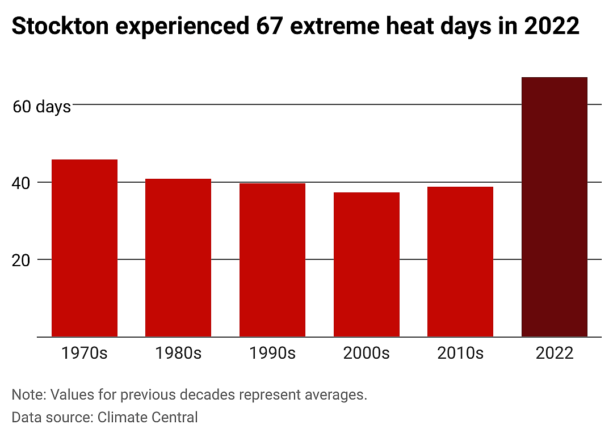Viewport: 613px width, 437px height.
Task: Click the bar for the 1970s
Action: [x=85, y=248]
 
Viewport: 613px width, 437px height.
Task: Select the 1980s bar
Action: [x=178, y=258]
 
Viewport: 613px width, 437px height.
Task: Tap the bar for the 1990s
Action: [x=272, y=260]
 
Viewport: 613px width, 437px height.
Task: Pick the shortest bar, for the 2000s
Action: [x=366, y=264]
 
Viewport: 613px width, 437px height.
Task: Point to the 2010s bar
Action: [x=460, y=262]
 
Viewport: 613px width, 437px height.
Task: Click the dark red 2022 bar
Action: [x=555, y=207]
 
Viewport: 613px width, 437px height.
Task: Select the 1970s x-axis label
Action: [x=85, y=353]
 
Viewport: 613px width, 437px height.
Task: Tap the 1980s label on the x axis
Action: [x=178, y=353]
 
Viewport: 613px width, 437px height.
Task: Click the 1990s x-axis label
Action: [x=272, y=353]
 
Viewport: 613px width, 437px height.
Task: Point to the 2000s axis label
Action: [x=366, y=353]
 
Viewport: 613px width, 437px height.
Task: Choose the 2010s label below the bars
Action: [x=460, y=353]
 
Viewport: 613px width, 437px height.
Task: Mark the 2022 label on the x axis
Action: [x=555, y=353]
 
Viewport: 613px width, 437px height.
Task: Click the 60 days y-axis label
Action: [x=42, y=107]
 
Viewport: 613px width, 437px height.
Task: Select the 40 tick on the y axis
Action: [x=21, y=183]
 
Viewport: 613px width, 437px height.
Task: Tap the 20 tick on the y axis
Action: [x=21, y=260]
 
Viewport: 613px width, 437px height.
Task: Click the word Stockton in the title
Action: [x=60, y=26]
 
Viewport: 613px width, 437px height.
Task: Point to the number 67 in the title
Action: [x=270, y=26]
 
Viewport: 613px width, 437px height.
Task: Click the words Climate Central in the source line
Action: [x=148, y=418]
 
